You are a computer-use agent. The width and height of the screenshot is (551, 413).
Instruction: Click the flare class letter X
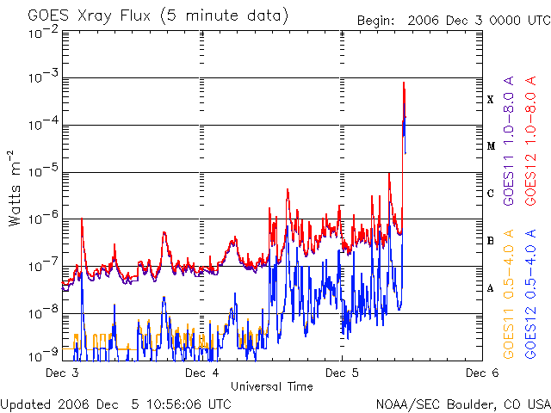click(491, 100)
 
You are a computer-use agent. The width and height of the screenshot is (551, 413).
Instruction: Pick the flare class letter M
click(491, 146)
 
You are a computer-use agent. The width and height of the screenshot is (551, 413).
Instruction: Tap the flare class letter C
click(491, 194)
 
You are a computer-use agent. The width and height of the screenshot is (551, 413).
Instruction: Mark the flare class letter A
click(491, 288)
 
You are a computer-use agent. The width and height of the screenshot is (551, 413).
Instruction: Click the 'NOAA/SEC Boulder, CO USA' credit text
click(462, 404)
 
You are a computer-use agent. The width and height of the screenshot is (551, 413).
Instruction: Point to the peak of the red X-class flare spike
click(403, 83)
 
